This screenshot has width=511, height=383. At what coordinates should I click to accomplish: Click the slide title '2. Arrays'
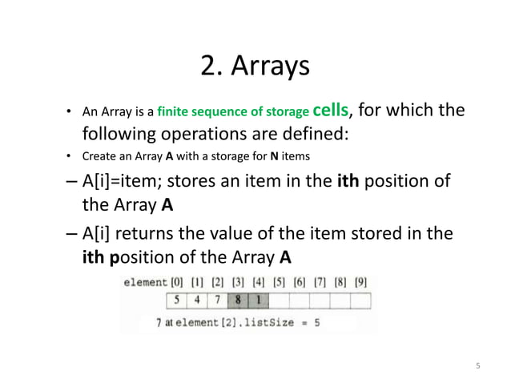[x=255, y=67]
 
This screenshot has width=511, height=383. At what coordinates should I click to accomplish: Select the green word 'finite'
[x=174, y=111]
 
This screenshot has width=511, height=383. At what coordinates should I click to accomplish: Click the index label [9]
[x=360, y=284]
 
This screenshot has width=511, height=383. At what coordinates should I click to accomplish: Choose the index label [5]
[x=279, y=284]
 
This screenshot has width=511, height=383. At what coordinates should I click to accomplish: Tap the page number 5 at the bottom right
[x=477, y=367]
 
